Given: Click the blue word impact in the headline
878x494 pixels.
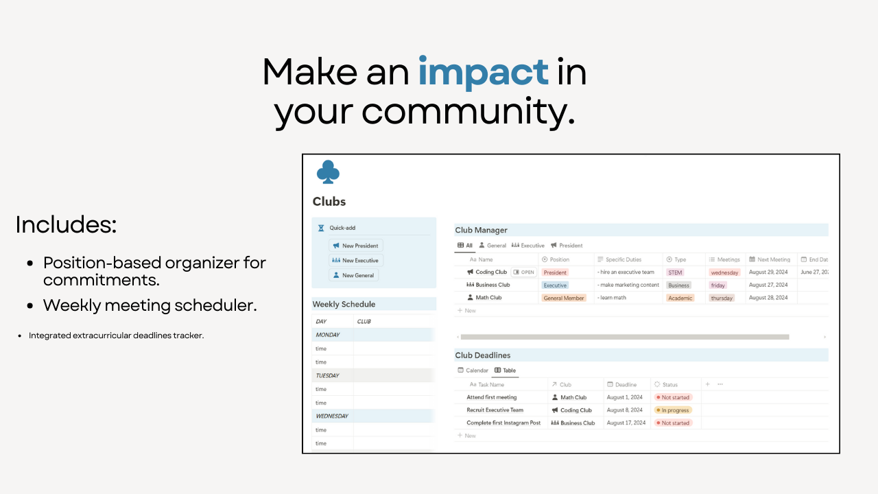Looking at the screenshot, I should [x=483, y=72].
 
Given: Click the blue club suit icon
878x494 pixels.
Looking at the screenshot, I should [x=328, y=172].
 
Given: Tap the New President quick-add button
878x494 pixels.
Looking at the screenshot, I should [x=355, y=246].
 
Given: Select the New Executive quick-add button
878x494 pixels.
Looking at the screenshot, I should [x=355, y=261].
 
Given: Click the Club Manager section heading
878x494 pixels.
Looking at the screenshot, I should [x=481, y=231].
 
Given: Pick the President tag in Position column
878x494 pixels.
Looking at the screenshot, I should [x=555, y=272].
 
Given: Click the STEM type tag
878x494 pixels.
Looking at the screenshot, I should [x=675, y=272].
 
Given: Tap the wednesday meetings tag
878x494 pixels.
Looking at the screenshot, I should [x=724, y=272].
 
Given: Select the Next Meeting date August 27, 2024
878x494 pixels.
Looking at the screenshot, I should [x=768, y=285].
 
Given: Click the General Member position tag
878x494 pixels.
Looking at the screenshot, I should [x=564, y=298].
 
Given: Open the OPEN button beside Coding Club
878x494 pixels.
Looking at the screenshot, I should [x=523, y=272].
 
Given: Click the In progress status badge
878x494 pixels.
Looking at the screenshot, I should [x=674, y=410].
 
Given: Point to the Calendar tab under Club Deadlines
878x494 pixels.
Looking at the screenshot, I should [x=473, y=370].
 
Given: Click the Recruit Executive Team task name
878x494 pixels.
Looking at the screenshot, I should [x=495, y=410].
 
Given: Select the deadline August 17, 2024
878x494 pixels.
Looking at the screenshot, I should [x=624, y=423].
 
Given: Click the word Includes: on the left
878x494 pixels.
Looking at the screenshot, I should [x=66, y=225].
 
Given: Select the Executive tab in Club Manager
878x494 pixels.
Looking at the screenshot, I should [x=527, y=245].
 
